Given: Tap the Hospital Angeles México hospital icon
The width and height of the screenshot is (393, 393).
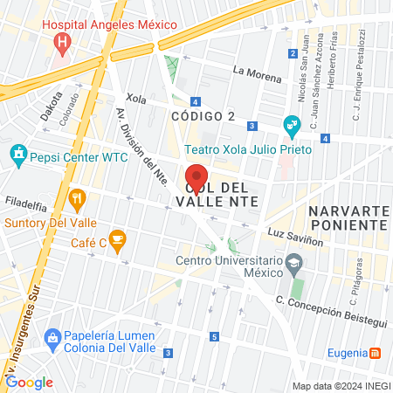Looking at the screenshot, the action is click(x=60, y=42).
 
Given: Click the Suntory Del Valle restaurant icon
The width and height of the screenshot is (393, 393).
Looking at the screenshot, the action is click(x=77, y=198).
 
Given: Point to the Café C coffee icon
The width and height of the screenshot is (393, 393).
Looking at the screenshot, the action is click(x=118, y=237).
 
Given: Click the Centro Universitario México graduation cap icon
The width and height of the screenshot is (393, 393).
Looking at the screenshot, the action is click(x=295, y=261).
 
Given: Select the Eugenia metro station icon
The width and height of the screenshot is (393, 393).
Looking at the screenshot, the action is click(x=375, y=353).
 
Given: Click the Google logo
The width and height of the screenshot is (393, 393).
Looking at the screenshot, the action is click(x=29, y=382).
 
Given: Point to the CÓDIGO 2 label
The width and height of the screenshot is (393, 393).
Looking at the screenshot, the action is click(x=203, y=115).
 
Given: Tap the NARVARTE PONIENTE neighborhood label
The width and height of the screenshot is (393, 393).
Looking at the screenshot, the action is click(x=347, y=218).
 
